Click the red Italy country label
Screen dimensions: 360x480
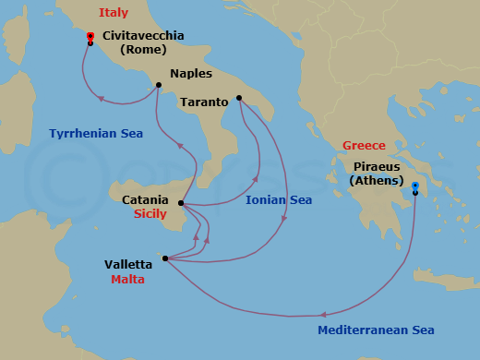[x=114, y=13]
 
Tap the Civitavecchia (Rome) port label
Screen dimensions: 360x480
[x=143, y=42]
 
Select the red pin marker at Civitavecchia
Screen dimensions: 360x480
[x=90, y=38]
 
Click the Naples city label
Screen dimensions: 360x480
[x=191, y=74]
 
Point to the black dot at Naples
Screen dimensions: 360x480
[x=159, y=86]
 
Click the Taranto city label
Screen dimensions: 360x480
[x=205, y=102]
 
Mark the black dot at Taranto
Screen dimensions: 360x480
[x=239, y=98]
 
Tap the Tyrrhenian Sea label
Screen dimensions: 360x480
[x=96, y=134]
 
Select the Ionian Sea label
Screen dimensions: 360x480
[x=279, y=199]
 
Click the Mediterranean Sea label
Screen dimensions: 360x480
[x=376, y=330]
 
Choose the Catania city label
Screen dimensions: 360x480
[x=145, y=199]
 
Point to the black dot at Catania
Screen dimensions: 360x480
[x=181, y=203]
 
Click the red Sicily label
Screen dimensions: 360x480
[x=150, y=213]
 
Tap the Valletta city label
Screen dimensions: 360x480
[x=128, y=265]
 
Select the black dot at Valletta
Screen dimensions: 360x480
[x=164, y=258]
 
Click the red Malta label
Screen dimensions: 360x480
[x=127, y=280]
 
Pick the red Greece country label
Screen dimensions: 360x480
[x=364, y=146]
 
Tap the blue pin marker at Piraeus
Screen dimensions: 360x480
[x=415, y=187]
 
